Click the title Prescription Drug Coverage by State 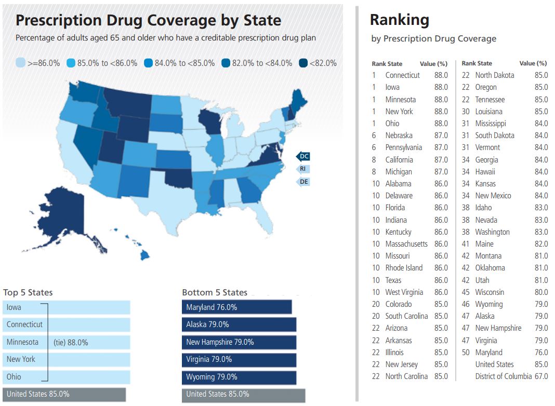click(x=148, y=20)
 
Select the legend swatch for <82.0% click(x=303, y=63)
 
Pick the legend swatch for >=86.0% click(x=20, y=63)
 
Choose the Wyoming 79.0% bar click(x=239, y=377)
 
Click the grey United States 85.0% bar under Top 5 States click(x=64, y=394)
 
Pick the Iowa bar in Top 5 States click(x=67, y=307)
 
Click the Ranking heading click(x=399, y=20)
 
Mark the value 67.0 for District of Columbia click(x=541, y=376)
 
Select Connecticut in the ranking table click(x=402, y=75)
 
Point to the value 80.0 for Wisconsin click(x=541, y=292)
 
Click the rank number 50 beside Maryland click(x=466, y=353)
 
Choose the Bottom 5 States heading click(x=215, y=292)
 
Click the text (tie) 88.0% click(x=71, y=343)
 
